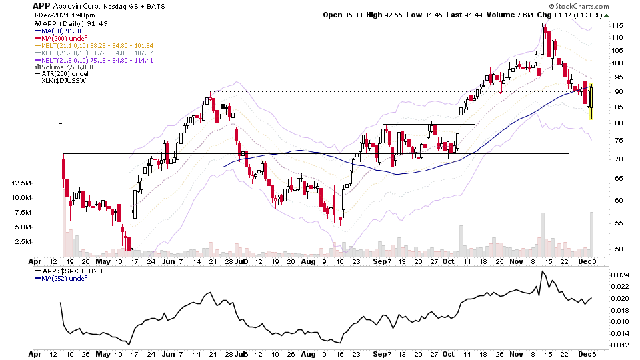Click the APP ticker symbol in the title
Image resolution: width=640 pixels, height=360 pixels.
point(42,6)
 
